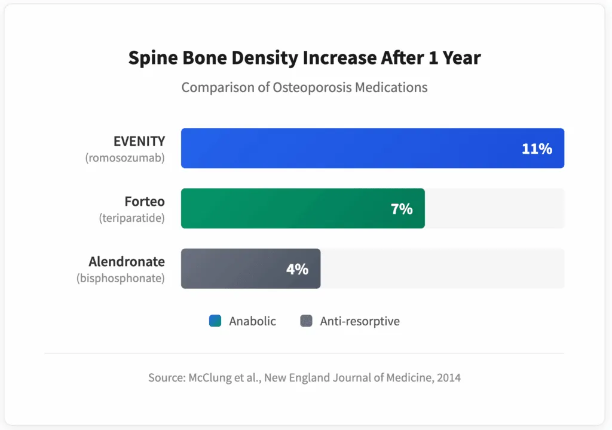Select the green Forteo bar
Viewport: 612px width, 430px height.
287,209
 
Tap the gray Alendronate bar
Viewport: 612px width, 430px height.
233,269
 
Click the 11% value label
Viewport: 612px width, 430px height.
537,149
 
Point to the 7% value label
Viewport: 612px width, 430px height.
402,209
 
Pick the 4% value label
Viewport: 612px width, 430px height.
297,269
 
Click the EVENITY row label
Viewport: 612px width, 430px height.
139,142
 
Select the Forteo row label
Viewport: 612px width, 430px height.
145,202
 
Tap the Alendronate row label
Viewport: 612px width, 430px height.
127,262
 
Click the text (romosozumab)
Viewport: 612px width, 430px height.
125,158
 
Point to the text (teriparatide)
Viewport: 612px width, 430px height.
131,218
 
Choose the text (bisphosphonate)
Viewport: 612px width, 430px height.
121,278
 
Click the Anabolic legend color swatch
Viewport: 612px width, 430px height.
215,321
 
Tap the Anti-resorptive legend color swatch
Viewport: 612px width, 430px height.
306,321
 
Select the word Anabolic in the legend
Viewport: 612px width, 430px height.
252,321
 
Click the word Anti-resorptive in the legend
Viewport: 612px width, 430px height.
360,321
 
